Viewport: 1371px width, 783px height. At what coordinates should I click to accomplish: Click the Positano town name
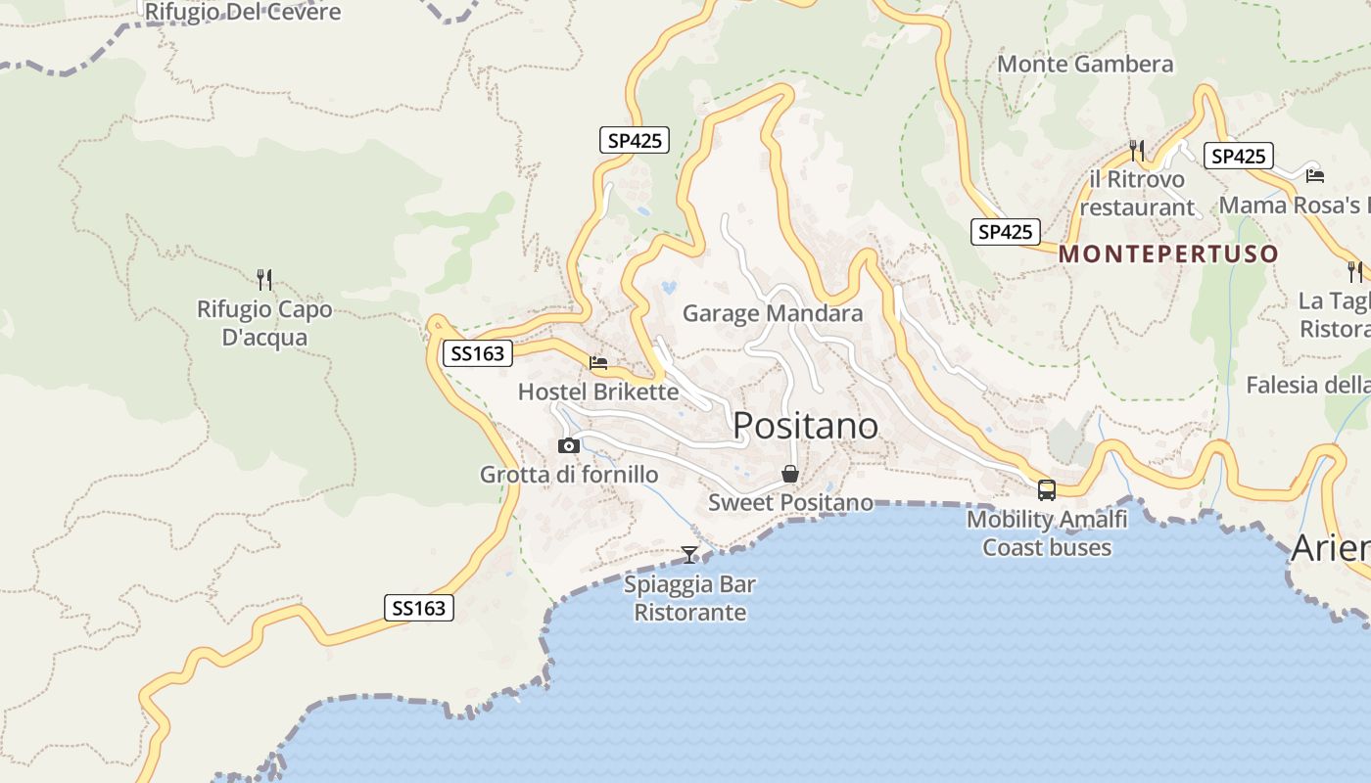pos(805,426)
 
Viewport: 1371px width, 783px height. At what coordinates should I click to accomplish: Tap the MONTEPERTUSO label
pos(1168,254)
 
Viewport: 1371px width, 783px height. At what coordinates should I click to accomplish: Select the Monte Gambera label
pos(1085,65)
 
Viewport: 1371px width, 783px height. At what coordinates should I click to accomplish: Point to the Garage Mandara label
pos(773,313)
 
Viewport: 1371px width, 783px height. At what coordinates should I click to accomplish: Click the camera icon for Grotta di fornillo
pos(568,446)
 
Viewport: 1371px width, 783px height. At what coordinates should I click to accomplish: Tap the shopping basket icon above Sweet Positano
pos(790,475)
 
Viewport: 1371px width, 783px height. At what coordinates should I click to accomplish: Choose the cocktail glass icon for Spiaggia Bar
pos(689,555)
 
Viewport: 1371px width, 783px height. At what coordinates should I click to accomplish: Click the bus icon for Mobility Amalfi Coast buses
pos(1047,490)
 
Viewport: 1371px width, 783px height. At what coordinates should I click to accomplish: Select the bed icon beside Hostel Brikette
pos(598,362)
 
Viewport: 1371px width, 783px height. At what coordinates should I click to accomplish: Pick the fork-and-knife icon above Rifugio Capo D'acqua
pos(263,280)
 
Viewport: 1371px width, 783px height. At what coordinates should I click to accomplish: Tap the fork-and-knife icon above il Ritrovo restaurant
pos(1137,151)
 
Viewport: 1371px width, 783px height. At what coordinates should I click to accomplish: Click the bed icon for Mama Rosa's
pos(1315,175)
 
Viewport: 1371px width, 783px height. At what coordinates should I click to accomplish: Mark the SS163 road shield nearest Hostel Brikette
pos(478,353)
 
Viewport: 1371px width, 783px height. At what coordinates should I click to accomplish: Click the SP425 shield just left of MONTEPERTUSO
pos(1006,232)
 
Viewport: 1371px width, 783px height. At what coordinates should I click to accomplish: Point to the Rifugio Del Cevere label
pos(243,13)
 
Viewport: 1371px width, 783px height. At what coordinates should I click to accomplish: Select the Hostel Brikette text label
pos(597,392)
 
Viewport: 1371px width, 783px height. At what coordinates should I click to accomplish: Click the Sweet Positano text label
pos(790,503)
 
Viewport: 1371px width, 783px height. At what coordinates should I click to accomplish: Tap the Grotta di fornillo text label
pos(569,476)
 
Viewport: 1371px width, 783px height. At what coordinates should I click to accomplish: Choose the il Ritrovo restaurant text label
pos(1137,194)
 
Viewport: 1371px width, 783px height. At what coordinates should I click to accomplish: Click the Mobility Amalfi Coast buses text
pos(1047,533)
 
